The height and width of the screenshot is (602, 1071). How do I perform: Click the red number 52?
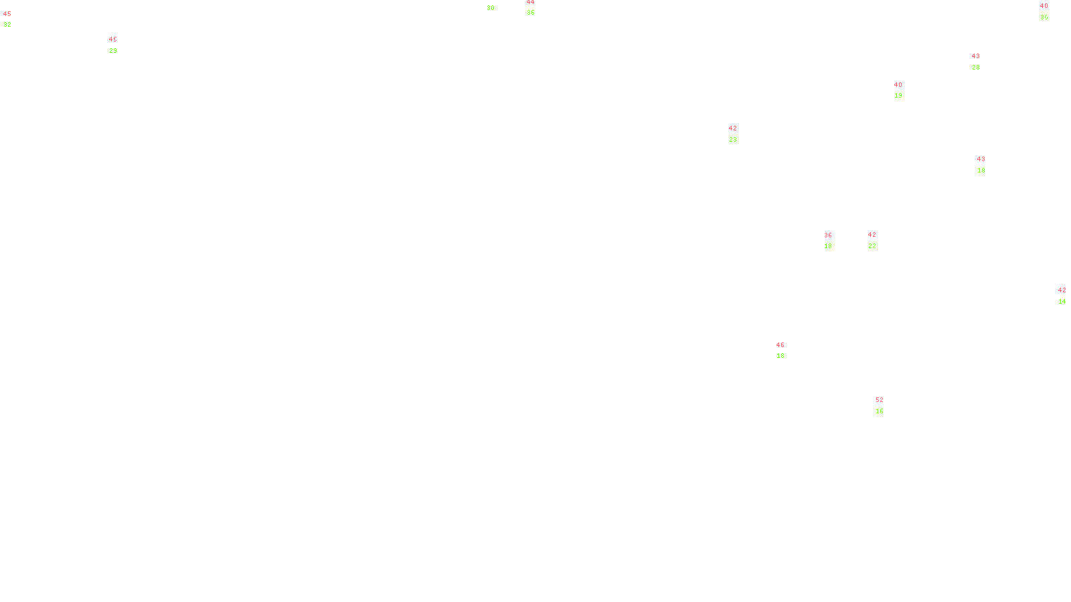pyautogui.click(x=880, y=400)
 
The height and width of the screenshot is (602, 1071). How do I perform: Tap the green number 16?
pyautogui.click(x=880, y=411)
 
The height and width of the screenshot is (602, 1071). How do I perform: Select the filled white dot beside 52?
pyautogui.click(x=887, y=405)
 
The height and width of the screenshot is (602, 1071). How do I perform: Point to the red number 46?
pyautogui.click(x=780, y=345)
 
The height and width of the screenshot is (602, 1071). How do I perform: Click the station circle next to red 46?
pyautogui.click(x=788, y=350)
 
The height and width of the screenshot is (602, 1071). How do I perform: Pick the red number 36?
pyautogui.click(x=828, y=235)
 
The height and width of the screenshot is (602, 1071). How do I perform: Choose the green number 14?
pyautogui.click(x=1062, y=302)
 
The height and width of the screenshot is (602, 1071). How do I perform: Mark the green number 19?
pyautogui.click(x=898, y=96)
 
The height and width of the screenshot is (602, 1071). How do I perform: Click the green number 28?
pyautogui.click(x=976, y=68)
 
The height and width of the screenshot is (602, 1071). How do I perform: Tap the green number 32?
pyautogui.click(x=7, y=25)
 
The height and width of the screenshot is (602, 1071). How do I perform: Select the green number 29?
pyautogui.click(x=113, y=51)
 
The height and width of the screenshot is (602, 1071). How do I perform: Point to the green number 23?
pyautogui.click(x=733, y=140)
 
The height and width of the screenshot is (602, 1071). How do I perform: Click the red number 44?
pyautogui.click(x=530, y=3)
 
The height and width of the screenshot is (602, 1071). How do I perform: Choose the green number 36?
pyautogui.click(x=530, y=13)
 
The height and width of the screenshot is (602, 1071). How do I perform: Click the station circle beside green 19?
pyautogui.click(x=905, y=90)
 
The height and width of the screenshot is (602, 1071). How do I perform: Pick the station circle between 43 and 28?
pyautogui.click(x=983, y=62)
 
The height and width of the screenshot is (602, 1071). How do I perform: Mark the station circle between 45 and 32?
pyautogui.click(x=14, y=19)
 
